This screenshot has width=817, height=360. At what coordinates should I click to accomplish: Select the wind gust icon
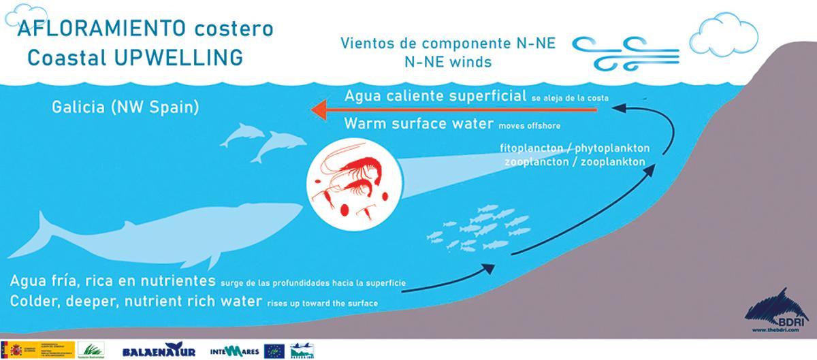pyautogui.click(x=625, y=53)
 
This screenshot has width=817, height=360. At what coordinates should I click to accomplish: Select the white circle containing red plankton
pyautogui.click(x=351, y=183)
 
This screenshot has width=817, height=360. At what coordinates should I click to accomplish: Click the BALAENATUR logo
pyautogui.click(x=159, y=350)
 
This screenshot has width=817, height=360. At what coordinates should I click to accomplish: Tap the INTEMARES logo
pyautogui.click(x=234, y=350)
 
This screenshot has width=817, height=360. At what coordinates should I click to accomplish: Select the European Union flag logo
pyautogui.click(x=274, y=350)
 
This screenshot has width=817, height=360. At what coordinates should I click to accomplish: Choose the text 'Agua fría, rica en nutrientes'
pyautogui.click(x=113, y=281)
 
